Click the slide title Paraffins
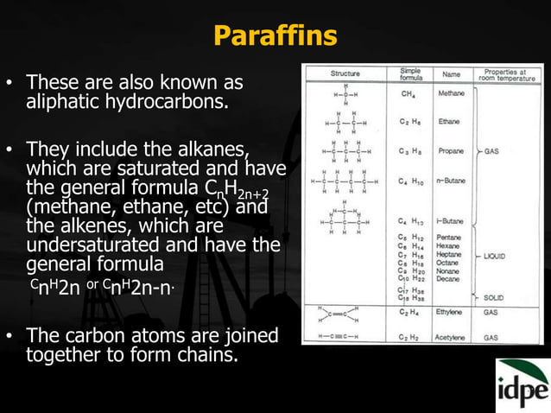[275, 36]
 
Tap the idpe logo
[522, 385]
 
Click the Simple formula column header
[410, 74]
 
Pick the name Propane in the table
[451, 150]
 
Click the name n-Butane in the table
[451, 181]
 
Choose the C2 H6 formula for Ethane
[410, 122]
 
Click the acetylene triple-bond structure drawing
[345, 337]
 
